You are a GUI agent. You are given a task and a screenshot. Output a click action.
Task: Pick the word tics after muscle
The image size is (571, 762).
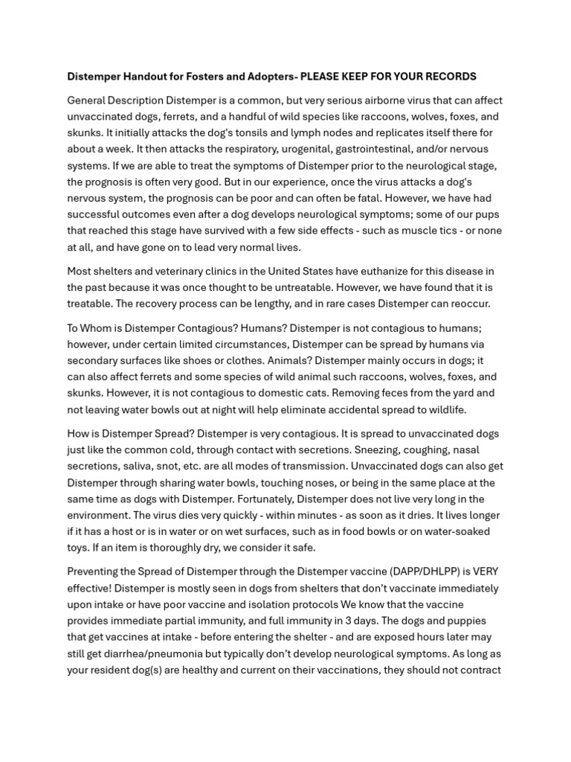coord(451,231)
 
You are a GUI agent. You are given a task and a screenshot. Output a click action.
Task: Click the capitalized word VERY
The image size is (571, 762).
coord(483,572)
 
